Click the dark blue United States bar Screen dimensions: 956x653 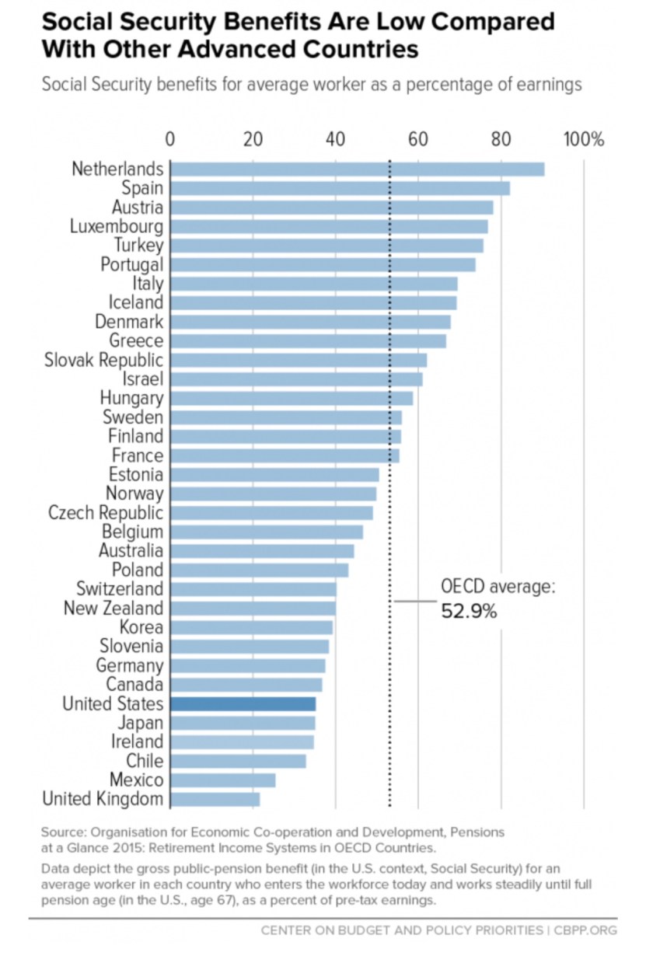click(243, 704)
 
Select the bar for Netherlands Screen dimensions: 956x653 click(357, 169)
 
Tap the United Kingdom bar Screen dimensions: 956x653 click(215, 799)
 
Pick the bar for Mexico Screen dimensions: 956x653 click(222, 780)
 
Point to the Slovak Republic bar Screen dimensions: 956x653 click(299, 361)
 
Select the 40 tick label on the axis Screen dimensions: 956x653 click(336, 140)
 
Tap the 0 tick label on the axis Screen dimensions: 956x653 click(170, 140)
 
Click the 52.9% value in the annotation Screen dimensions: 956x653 click(469, 612)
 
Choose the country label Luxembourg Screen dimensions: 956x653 click(117, 227)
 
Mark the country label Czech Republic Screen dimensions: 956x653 click(106, 513)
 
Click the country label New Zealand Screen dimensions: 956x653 click(113, 609)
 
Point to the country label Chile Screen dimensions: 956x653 click(145, 761)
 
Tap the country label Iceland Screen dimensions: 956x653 click(136, 303)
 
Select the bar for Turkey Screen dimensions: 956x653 click(326, 246)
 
